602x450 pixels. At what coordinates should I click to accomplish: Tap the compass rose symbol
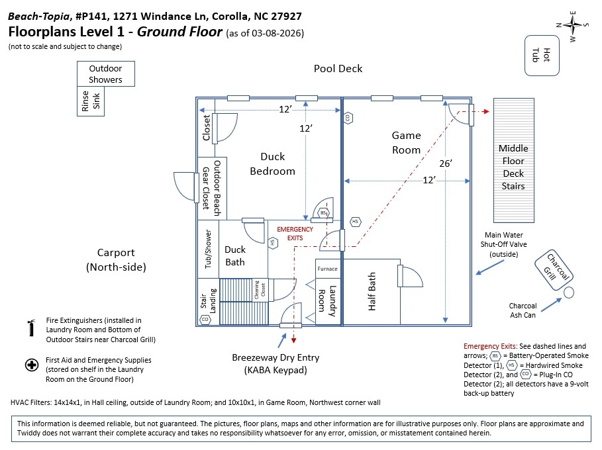pos(573,25)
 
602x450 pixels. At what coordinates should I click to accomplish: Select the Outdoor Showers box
pos(106,73)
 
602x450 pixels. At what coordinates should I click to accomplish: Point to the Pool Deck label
pos(338,68)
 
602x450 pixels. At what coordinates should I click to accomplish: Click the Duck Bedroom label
pos(272,163)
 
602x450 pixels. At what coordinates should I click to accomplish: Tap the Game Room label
pos(406,142)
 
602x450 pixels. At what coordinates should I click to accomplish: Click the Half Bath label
pos(372,294)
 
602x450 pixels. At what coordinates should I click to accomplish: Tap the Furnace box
pos(327,269)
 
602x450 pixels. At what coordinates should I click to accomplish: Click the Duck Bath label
pos(235,255)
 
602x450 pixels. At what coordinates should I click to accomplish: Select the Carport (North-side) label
pos(116,259)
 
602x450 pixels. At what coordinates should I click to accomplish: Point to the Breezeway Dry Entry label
pos(276,363)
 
